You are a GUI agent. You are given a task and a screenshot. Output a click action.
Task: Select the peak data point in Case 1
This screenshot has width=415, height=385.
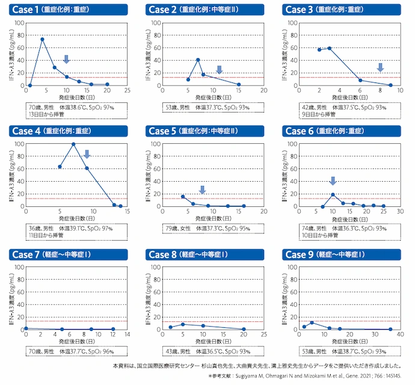pyautogui.click(x=42, y=39)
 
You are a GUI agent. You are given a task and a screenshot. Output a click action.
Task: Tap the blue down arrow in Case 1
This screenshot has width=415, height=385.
pyautogui.click(x=66, y=59)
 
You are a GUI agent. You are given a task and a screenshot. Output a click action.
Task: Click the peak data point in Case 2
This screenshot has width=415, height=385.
pyautogui.click(x=198, y=60)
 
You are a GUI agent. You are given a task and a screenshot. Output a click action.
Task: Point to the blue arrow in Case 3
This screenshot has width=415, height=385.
pyautogui.click(x=380, y=67)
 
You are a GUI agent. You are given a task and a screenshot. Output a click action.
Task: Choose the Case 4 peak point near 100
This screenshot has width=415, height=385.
pyautogui.click(x=73, y=144)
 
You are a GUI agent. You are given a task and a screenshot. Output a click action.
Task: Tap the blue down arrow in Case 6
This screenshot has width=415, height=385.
pyautogui.click(x=333, y=180)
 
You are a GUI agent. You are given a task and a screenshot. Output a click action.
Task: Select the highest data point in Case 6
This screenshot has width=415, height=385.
pyautogui.click(x=333, y=194)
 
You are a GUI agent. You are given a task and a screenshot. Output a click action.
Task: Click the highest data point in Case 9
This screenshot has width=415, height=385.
pyautogui.click(x=311, y=323)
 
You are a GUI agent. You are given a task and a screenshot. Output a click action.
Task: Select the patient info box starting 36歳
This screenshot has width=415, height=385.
pyautogui.click(x=69, y=233)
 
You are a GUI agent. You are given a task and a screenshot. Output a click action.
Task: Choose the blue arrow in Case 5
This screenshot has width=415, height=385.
pyautogui.click(x=202, y=189)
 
